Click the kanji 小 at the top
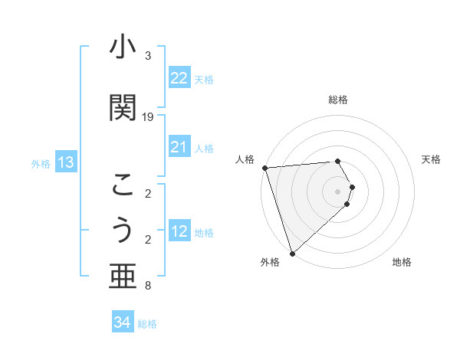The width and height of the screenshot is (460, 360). click(x=123, y=48)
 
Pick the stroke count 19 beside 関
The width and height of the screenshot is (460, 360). click(x=148, y=116)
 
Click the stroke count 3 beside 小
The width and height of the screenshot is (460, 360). click(x=148, y=56)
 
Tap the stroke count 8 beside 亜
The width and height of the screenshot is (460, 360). click(x=148, y=286)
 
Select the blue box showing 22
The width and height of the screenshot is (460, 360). click(x=179, y=78)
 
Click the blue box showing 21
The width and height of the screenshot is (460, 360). click(x=179, y=147)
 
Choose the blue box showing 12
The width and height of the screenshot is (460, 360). click(x=179, y=231)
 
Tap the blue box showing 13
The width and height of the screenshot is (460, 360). click(x=65, y=162)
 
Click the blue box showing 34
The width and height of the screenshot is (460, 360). click(x=122, y=322)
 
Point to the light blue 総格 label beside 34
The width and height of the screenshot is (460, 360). click(x=147, y=324)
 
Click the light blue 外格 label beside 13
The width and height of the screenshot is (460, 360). click(x=41, y=164)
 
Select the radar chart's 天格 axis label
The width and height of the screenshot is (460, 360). click(x=431, y=159)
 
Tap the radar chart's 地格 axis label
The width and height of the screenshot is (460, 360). click(x=402, y=262)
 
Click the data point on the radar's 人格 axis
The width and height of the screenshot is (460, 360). click(x=264, y=168)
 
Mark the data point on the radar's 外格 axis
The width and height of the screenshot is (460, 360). click(x=292, y=252)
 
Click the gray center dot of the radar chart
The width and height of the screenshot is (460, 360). click(x=338, y=191)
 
